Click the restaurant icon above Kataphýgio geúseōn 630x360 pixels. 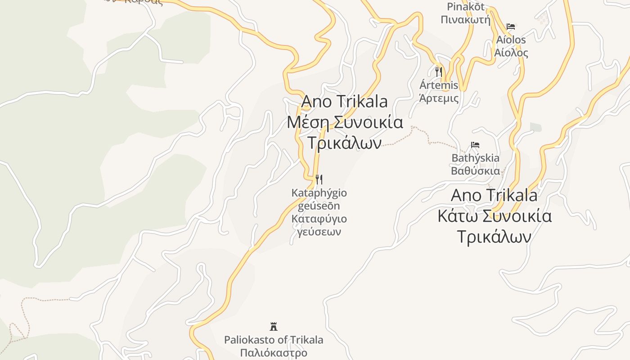(319, 180)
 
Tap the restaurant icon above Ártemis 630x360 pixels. (439, 72)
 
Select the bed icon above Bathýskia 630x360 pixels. (475, 145)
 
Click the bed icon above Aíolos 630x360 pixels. (511, 27)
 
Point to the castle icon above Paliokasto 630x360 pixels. (273, 326)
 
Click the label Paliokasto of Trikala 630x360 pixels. (274, 340)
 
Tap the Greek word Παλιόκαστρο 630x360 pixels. (274, 352)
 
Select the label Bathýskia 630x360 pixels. (475, 158)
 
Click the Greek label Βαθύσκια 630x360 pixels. (475, 171)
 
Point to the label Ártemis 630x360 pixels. (439, 85)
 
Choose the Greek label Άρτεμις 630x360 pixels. (439, 98)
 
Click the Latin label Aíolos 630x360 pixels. (511, 40)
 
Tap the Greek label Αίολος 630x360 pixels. (511, 53)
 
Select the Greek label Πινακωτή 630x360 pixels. (465, 20)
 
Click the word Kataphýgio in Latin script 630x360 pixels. (319, 193)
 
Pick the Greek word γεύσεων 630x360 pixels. (319, 232)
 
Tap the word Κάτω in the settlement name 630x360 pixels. (458, 216)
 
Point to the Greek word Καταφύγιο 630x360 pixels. (319, 219)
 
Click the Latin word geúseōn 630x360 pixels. (319, 206)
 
